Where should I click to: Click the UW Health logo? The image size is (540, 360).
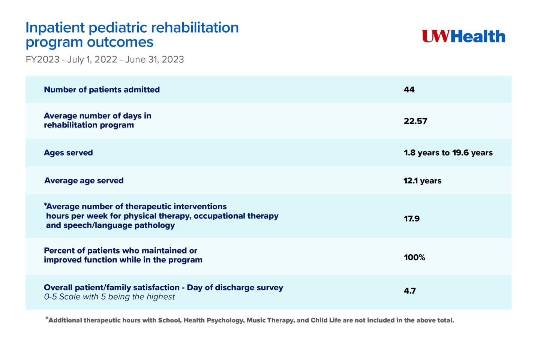pos(463,36)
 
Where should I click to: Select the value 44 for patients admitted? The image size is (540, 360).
pos(409,90)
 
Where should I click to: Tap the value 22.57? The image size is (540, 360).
pos(415,121)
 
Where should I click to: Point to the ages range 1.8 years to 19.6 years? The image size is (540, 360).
pos(448,153)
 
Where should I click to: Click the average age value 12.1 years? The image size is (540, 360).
pos(422,181)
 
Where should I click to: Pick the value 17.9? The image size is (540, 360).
pos(411,219)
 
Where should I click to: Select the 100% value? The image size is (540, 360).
pos(414,257)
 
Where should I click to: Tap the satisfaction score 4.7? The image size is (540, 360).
pos(409,291)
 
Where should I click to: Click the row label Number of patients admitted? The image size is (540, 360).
pos(102,90)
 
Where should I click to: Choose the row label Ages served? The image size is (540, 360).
pos(68,153)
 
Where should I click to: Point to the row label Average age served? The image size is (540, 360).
pos(84,181)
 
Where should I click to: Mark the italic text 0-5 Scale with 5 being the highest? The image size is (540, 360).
pos(109,297)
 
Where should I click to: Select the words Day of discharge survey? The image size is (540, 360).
pos(235,288)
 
